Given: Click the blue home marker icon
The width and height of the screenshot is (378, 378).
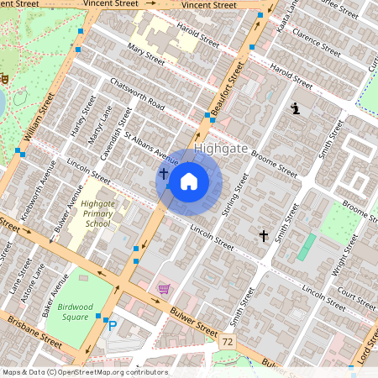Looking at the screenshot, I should click(x=189, y=181).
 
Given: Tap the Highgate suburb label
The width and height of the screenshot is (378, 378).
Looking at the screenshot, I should click(x=222, y=149).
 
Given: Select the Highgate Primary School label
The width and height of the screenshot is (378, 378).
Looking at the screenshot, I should click(x=97, y=214).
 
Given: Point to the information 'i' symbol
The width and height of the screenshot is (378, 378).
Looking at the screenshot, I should click(x=295, y=108).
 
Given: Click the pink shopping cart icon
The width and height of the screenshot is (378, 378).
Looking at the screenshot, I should click(x=164, y=289).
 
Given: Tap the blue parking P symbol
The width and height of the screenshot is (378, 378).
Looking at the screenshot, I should click(x=113, y=325).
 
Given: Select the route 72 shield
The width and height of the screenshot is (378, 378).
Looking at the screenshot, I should click(x=228, y=343).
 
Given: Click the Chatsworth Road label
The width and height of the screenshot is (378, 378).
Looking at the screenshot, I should click(x=137, y=94).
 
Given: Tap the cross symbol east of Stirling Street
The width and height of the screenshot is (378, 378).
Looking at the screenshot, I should click(x=264, y=237).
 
